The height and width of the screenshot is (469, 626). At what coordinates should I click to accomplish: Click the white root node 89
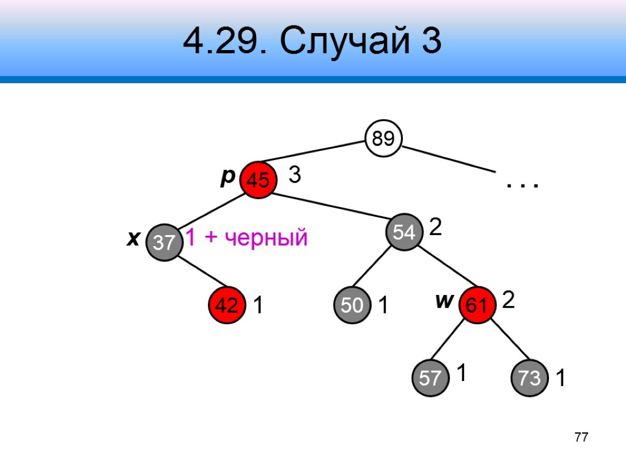(383, 139)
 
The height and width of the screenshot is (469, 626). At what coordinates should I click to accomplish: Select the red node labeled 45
(257, 180)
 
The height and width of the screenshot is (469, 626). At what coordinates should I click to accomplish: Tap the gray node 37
(164, 242)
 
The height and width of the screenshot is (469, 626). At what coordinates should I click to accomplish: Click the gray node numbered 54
(404, 232)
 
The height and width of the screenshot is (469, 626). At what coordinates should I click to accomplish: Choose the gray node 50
(352, 305)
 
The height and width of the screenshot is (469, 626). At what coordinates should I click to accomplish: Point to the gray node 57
(430, 378)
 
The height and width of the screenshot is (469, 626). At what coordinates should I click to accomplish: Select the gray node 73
(529, 378)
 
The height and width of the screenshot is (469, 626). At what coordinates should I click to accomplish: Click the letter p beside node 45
(227, 177)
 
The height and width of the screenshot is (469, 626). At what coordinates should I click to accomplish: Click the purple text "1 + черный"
(246, 238)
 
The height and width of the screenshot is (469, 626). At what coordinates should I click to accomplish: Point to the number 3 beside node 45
(294, 176)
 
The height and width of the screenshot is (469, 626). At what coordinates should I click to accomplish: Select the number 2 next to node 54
(435, 228)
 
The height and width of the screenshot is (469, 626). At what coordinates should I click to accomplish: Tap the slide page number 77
(581, 437)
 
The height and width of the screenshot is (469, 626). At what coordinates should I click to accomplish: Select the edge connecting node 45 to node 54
(331, 206)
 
